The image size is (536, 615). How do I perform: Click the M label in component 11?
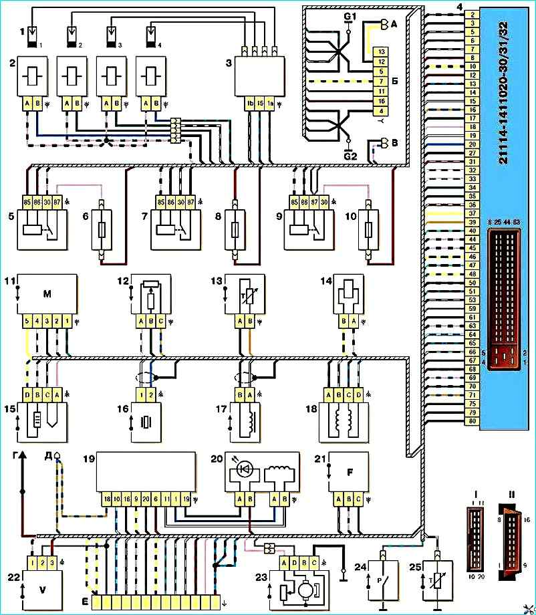(x=45, y=295)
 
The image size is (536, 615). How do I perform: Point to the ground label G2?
(x=348, y=155)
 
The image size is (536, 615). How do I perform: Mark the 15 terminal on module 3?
(x=260, y=105)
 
